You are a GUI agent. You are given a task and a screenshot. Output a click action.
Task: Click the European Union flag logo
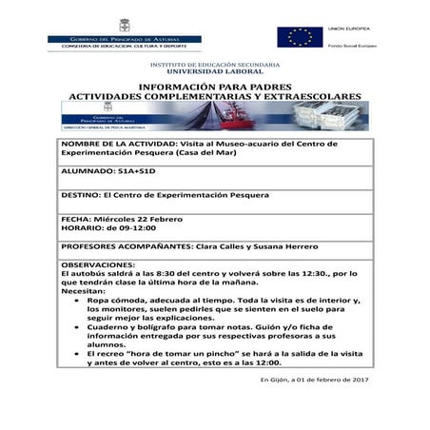click(299, 37)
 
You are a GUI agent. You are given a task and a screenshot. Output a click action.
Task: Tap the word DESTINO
click(81, 195)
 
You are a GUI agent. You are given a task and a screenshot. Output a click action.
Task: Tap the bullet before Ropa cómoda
click(74, 299)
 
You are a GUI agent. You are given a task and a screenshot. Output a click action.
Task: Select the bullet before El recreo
click(74, 352)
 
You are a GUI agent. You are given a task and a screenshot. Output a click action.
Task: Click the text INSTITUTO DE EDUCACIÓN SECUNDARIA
click(214, 63)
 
